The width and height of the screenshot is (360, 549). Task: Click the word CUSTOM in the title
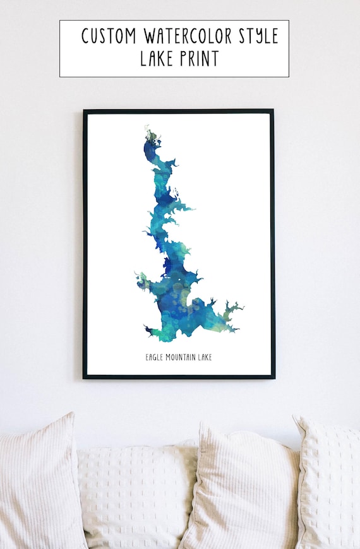108,36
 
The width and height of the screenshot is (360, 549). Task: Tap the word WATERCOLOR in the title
185,36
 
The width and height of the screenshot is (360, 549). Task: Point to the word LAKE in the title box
157,59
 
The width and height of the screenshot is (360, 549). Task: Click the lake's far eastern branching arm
235,309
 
